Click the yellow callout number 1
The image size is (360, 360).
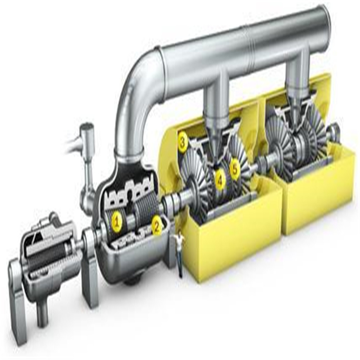tap(117, 222)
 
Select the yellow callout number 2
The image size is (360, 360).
tap(157, 226)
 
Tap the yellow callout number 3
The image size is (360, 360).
tap(183, 142)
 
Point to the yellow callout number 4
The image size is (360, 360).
tap(220, 180)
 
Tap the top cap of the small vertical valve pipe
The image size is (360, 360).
tap(87, 127)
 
